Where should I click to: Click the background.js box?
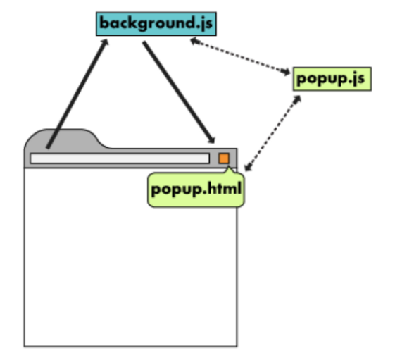pos(156,24)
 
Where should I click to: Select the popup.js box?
pos(332,79)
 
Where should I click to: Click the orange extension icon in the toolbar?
pos(224,159)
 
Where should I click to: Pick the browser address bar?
pos(120,159)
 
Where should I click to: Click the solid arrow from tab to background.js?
pos(77,94)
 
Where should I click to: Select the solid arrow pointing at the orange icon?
pos(179,92)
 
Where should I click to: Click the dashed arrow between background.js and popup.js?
pos(240,57)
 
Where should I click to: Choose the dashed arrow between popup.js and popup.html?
pos(272,133)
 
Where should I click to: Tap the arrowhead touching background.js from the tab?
pos(105,42)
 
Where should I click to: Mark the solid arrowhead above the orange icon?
pos(212,139)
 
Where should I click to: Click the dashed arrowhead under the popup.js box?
pos(297,99)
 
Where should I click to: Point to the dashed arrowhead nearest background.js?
pos(194,41)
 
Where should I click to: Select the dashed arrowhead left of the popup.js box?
pos(286,72)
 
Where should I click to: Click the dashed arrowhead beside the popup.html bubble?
pos(249,167)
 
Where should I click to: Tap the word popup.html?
pos(196,189)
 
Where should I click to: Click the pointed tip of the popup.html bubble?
pos(229,167)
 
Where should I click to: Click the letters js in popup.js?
pos(358,79)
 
